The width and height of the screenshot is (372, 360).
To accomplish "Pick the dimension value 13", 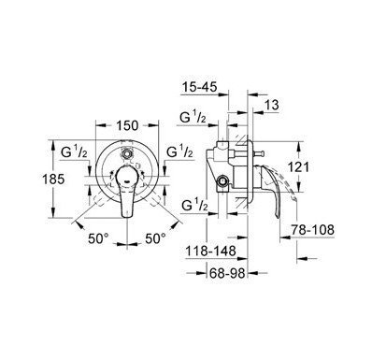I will point(271,106).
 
